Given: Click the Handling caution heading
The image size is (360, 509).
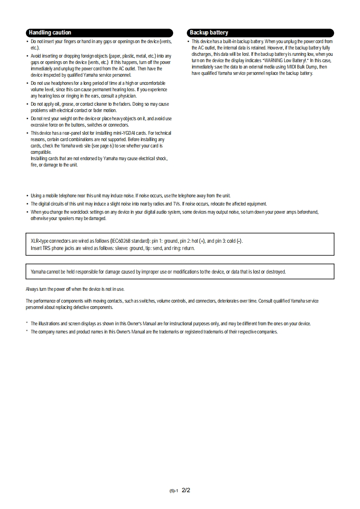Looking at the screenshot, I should [x=50, y=33].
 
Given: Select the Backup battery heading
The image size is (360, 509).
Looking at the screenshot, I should [x=209, y=33].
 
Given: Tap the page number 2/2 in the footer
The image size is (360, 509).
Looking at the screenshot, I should [x=186, y=490].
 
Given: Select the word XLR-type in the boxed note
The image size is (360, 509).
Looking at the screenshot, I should [x=39, y=241].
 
